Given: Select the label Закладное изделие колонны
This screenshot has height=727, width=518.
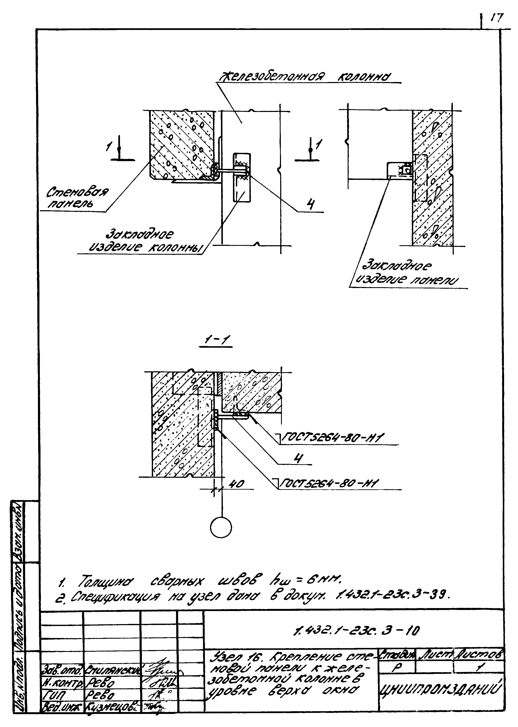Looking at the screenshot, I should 140,241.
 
